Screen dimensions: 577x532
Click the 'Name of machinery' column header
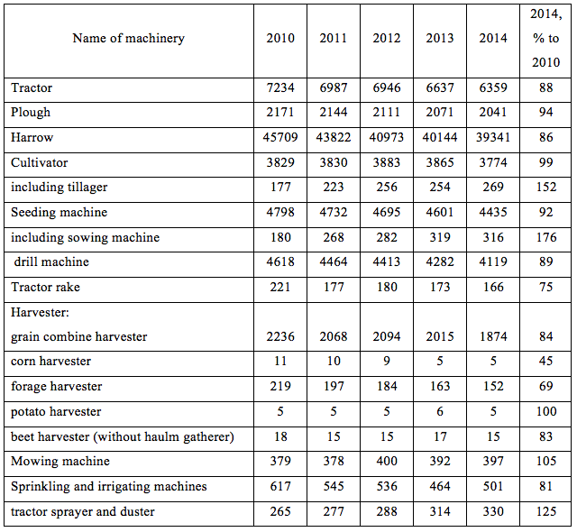(128, 38)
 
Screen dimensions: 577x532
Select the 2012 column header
(387, 38)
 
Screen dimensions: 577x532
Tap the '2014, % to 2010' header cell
(545, 38)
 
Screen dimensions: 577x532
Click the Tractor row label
(32, 88)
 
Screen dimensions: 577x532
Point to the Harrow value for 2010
(280, 138)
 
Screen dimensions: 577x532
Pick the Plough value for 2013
(440, 112)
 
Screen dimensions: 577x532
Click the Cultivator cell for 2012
(387, 162)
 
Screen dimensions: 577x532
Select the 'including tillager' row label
(60, 188)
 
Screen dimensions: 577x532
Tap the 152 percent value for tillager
(546, 188)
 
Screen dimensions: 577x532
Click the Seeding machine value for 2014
(493, 212)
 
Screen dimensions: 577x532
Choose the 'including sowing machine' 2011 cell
(334, 237)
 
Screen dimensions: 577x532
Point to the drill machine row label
(51, 262)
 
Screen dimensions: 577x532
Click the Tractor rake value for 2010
(280, 287)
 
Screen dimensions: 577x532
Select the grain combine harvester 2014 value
(493, 336)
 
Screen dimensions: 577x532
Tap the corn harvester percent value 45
(546, 361)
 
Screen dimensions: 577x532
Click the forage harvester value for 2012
(387, 386)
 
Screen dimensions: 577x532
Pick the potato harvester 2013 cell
(440, 411)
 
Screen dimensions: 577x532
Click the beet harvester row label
(123, 437)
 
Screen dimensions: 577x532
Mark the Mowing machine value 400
(387, 462)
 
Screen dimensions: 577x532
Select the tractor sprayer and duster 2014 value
(493, 512)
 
